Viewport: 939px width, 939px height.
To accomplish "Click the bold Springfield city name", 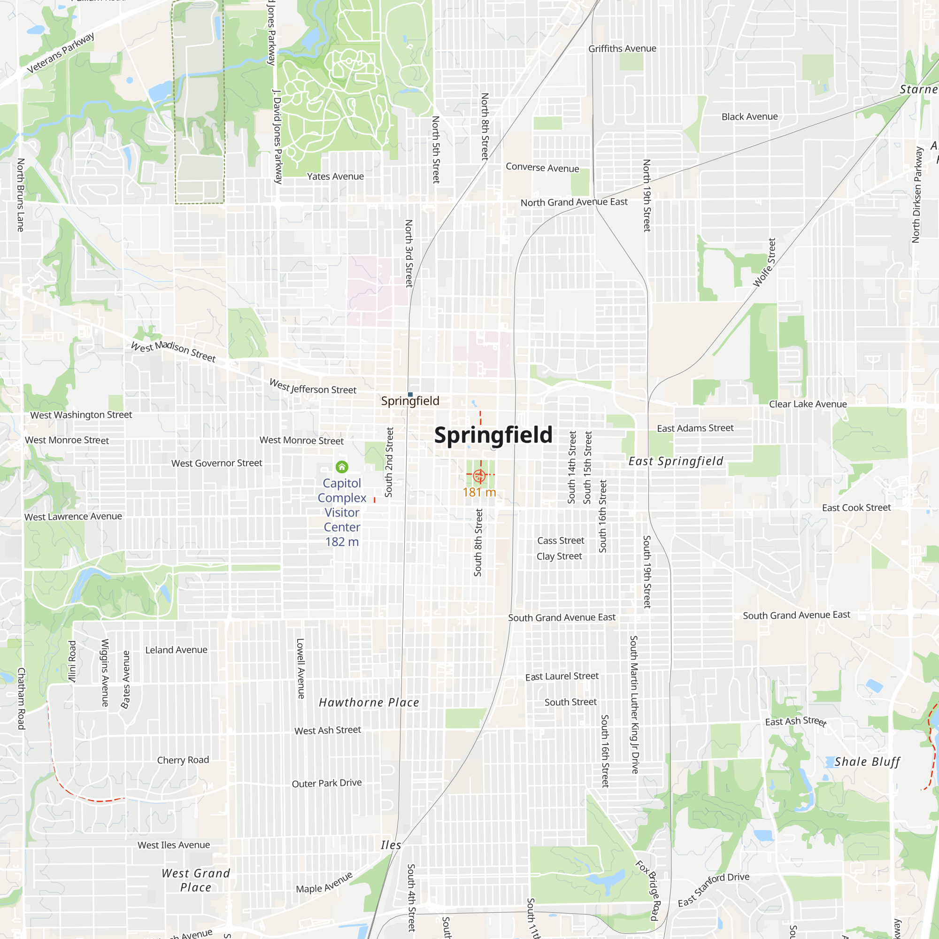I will (x=493, y=435).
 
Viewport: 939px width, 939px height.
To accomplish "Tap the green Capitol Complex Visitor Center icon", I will (x=342, y=467).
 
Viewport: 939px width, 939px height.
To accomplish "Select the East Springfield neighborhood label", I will (x=676, y=461).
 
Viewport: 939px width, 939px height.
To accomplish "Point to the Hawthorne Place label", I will (x=369, y=702).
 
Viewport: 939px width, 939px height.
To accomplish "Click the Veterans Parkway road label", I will (x=60, y=53).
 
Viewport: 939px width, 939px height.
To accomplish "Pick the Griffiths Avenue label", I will (x=622, y=49).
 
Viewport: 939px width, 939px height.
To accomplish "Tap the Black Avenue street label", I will (x=749, y=116).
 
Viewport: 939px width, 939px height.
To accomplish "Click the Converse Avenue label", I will (x=542, y=167).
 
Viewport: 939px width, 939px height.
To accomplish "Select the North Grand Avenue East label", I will (x=574, y=202).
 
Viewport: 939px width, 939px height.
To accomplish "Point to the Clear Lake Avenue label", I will (x=808, y=404).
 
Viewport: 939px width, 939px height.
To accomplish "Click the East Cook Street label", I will (x=856, y=508).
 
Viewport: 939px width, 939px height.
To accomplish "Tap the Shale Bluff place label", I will (x=867, y=762).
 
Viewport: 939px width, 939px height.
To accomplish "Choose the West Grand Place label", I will (x=196, y=880).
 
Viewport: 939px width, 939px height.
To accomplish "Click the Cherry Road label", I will (x=183, y=760).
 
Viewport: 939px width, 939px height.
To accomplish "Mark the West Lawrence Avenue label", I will (x=73, y=516).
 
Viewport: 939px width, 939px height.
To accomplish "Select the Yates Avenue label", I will (x=335, y=177).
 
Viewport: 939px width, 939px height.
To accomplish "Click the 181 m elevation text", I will (x=479, y=493).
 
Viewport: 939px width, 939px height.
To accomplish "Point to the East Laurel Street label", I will (x=562, y=677).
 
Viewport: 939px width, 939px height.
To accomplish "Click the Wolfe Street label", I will (x=764, y=262).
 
